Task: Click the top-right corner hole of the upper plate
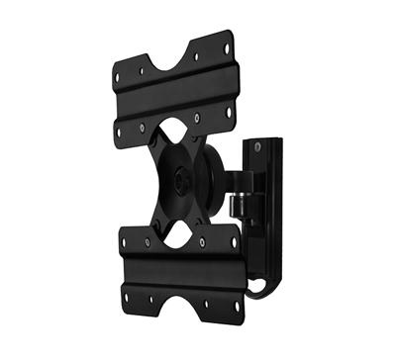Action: (227, 46)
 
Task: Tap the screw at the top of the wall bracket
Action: (259, 149)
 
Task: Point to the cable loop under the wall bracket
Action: (259, 289)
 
